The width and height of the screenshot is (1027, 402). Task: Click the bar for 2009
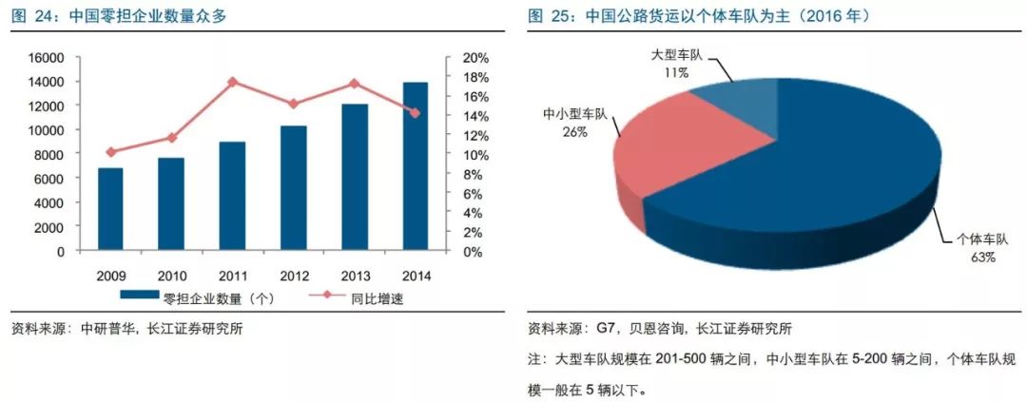click(110, 210)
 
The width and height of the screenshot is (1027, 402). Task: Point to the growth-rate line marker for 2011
click(233, 82)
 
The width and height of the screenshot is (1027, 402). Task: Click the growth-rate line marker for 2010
click(172, 138)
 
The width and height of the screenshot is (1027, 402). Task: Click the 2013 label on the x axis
click(355, 276)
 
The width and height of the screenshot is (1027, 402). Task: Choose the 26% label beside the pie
click(574, 132)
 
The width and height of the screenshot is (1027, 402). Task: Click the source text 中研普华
click(105, 330)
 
